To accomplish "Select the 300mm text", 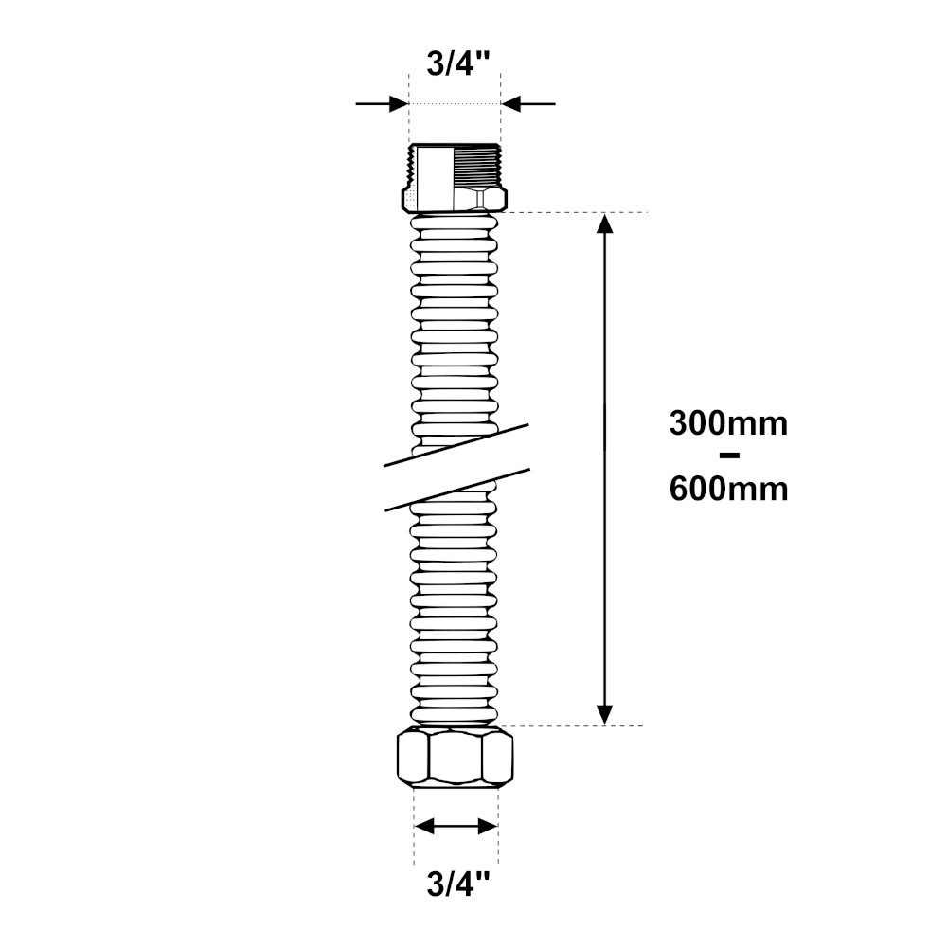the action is pos(728,424).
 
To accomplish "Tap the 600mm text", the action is pos(728,490).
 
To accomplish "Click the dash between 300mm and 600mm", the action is pos(729,456).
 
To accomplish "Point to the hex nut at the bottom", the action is pos(455,758).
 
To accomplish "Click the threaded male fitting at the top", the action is pos(455,178).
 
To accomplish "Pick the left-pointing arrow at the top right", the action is pos(527,104).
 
